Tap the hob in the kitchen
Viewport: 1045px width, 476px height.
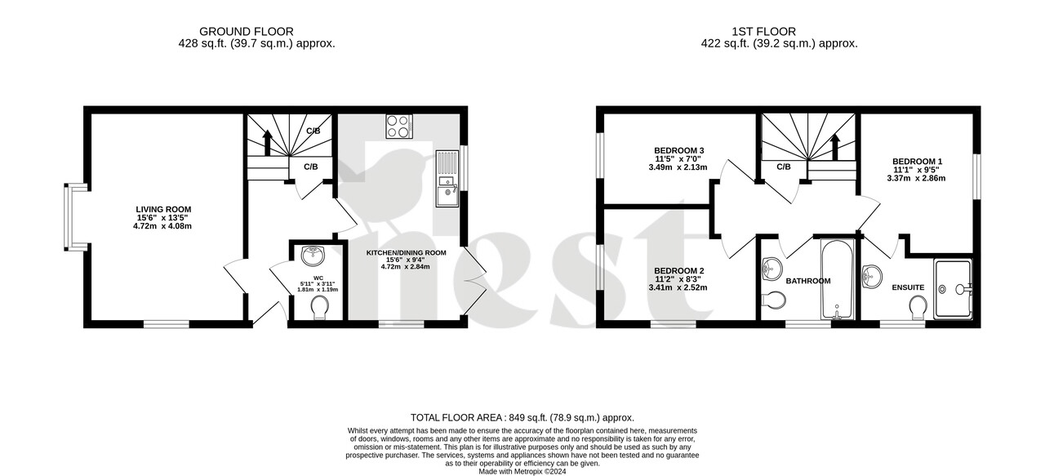point(399,126)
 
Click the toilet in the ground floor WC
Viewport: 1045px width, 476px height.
point(319,307)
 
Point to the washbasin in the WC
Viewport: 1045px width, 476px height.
point(313,256)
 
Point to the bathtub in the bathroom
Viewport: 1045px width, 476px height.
point(836,279)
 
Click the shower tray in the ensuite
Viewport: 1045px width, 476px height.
point(953,288)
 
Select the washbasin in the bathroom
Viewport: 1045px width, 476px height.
point(772,268)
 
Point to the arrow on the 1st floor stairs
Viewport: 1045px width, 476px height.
point(835,145)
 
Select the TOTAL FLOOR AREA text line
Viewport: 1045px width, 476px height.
point(522,417)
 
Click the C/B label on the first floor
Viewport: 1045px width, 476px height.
point(783,167)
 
